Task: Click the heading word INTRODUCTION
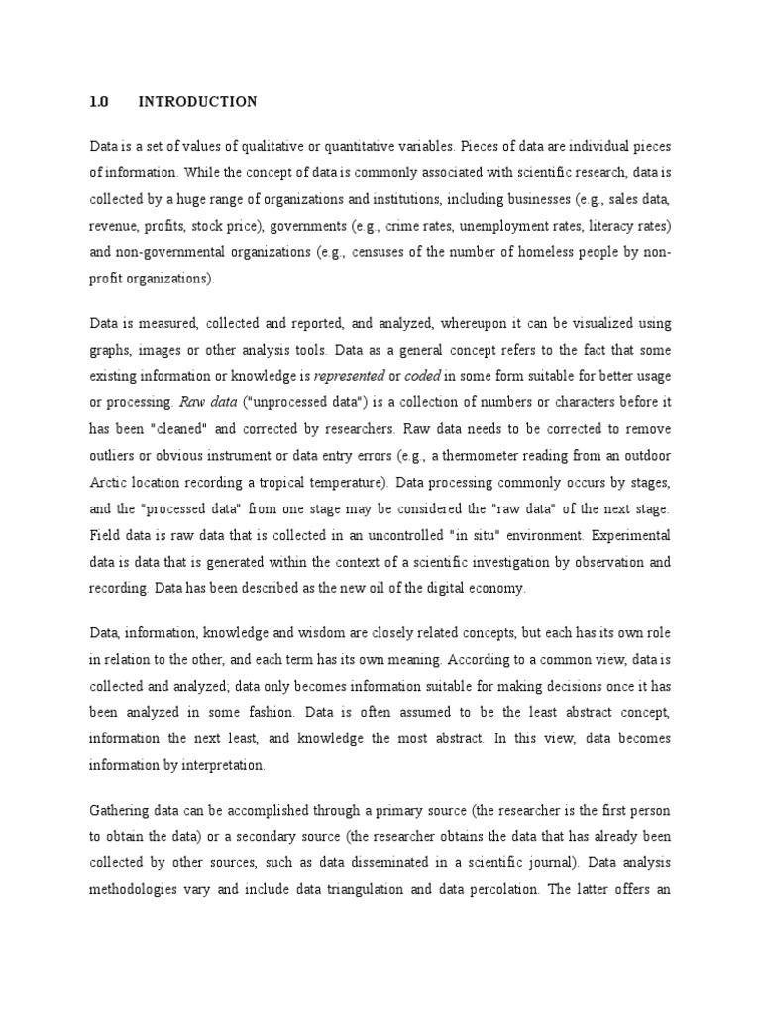(x=197, y=102)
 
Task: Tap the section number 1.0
(x=97, y=102)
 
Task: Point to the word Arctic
(x=107, y=485)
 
